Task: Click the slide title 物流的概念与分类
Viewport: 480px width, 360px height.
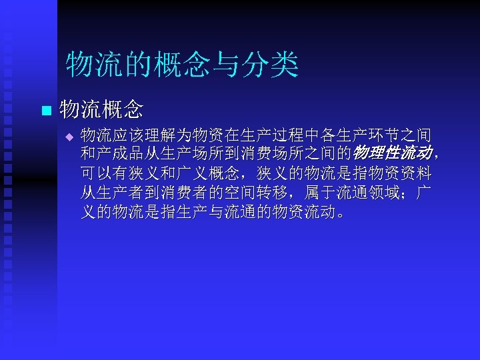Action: click(182, 65)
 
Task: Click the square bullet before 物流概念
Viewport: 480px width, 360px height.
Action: click(45, 109)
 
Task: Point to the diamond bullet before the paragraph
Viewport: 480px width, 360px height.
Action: click(67, 137)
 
